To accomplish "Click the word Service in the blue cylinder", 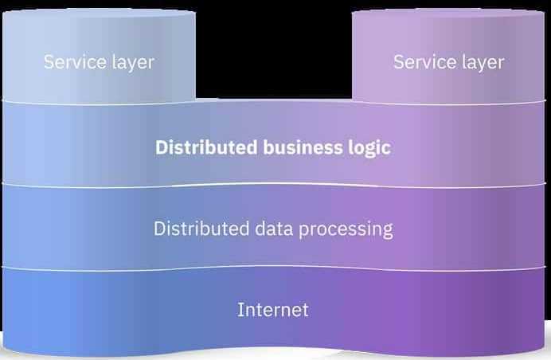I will [72, 62].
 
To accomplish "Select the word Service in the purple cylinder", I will [421, 62].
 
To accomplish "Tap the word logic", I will [369, 148].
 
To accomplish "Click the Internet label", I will [272, 309].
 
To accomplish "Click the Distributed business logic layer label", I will [272, 147].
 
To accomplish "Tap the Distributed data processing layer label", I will [272, 229].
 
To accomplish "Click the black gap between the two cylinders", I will [273, 48].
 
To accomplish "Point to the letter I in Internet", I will [240, 309].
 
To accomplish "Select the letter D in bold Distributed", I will [161, 147].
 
